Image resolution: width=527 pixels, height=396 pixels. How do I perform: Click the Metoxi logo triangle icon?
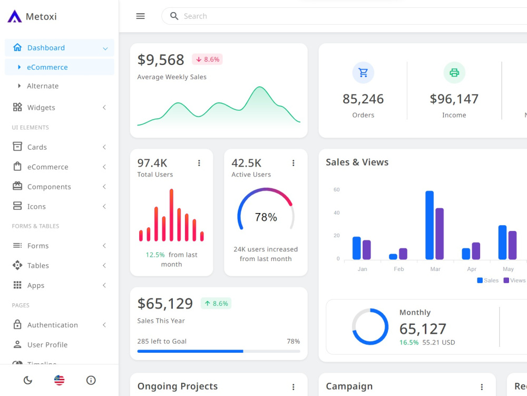(15, 16)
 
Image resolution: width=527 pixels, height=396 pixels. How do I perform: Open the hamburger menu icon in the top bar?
(140, 16)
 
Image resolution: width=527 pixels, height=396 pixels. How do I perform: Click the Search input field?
(316, 16)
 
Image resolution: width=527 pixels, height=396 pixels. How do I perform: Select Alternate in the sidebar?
(43, 86)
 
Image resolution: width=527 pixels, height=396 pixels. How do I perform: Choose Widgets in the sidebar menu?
(41, 108)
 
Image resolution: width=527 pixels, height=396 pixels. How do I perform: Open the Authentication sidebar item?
(52, 325)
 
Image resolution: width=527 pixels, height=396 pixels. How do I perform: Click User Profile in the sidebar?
(47, 345)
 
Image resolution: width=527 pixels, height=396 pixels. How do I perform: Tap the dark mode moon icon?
(28, 380)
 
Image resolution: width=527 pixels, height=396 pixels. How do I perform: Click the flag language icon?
(60, 380)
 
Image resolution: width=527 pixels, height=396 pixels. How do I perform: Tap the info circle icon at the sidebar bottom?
(91, 380)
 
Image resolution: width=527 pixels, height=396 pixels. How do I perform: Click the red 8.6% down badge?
(207, 60)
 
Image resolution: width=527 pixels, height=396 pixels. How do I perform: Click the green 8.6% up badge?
(216, 304)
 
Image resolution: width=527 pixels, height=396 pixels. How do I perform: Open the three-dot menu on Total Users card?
(199, 163)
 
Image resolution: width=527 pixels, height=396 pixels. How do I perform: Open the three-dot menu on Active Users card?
(294, 163)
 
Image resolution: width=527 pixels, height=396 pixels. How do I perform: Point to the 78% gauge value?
(266, 217)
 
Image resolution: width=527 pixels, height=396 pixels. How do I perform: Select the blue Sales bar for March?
(430, 225)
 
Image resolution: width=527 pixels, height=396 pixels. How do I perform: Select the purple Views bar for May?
(512, 245)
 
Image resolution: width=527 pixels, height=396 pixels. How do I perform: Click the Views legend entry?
(514, 281)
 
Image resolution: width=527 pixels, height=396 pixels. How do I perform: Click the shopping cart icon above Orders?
(363, 73)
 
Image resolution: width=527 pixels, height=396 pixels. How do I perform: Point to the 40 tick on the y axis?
(336, 213)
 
